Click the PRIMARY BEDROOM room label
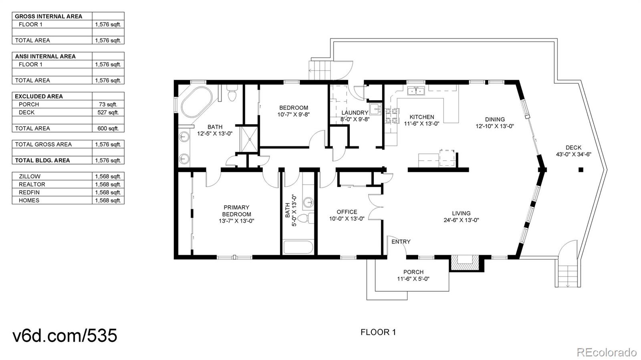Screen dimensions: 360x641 tap(236, 214)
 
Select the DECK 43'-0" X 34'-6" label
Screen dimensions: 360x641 tap(573, 151)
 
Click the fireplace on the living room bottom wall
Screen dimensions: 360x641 tap(465, 263)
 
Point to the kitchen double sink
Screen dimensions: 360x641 tap(415, 92)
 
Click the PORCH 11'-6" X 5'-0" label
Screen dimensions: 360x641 tap(413, 276)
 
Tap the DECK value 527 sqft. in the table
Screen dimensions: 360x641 tap(108, 113)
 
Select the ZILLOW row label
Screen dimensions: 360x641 tap(30, 177)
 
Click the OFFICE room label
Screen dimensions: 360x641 tap(347, 215)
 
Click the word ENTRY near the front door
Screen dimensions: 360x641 tap(401, 241)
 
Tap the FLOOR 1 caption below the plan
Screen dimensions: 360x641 tap(378, 332)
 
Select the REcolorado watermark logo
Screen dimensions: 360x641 tap(606, 352)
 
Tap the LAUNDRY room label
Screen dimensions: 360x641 tap(355, 116)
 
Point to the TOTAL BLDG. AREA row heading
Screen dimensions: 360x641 tap(42, 161)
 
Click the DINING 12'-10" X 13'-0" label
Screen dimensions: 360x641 tap(494, 123)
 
